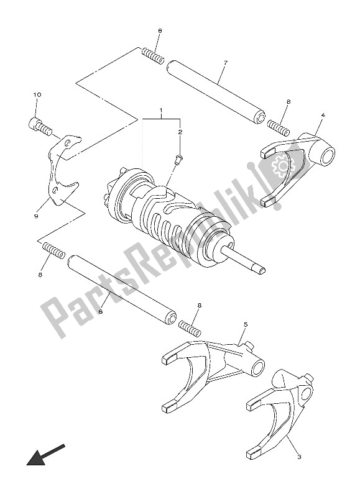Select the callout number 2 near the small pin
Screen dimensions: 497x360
click(x=181, y=132)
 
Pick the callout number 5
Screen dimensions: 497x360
click(x=246, y=324)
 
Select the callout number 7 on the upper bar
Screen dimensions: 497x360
click(x=225, y=63)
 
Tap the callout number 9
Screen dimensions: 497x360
click(x=37, y=216)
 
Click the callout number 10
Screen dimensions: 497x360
click(x=37, y=95)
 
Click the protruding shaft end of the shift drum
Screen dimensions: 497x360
click(x=246, y=261)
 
